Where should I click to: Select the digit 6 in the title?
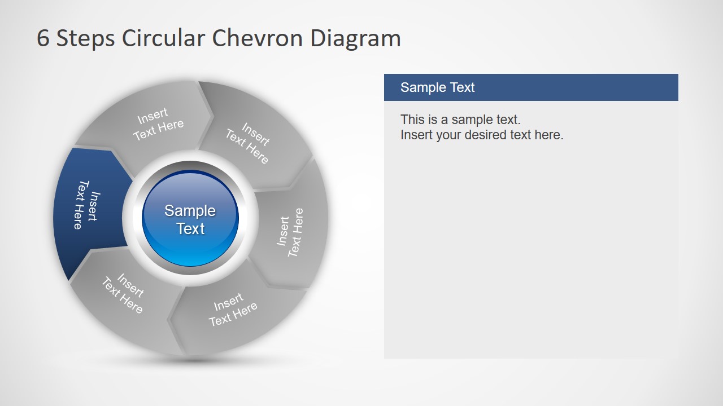(43, 38)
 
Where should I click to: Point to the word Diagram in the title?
(355, 38)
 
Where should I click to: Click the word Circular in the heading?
(163, 38)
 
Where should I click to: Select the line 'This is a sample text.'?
(460, 120)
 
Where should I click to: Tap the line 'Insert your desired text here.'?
(482, 135)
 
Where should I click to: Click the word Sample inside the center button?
(190, 211)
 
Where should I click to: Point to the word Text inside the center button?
(190, 229)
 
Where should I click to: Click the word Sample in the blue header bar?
(419, 87)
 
